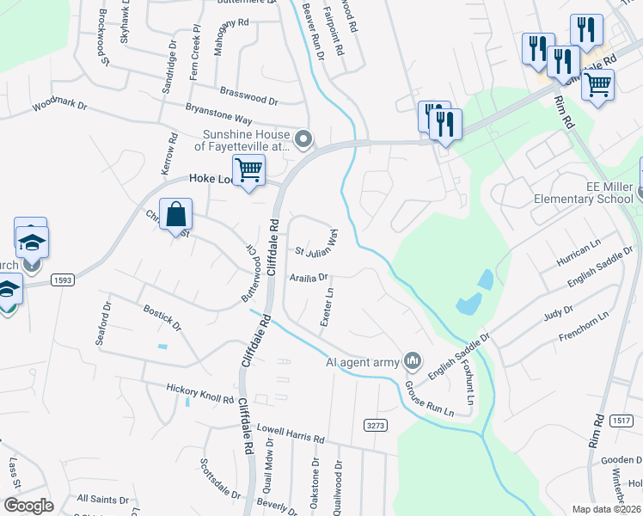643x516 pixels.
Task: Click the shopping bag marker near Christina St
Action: [x=175, y=215]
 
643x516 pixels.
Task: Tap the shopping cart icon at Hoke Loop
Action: [x=248, y=171]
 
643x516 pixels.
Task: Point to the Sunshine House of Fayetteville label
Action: [x=247, y=140]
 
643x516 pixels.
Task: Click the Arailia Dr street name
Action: [x=309, y=278]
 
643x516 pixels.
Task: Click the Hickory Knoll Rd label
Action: [x=200, y=396]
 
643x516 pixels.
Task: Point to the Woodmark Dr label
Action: [x=60, y=107]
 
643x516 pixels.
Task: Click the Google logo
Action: [x=28, y=506]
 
